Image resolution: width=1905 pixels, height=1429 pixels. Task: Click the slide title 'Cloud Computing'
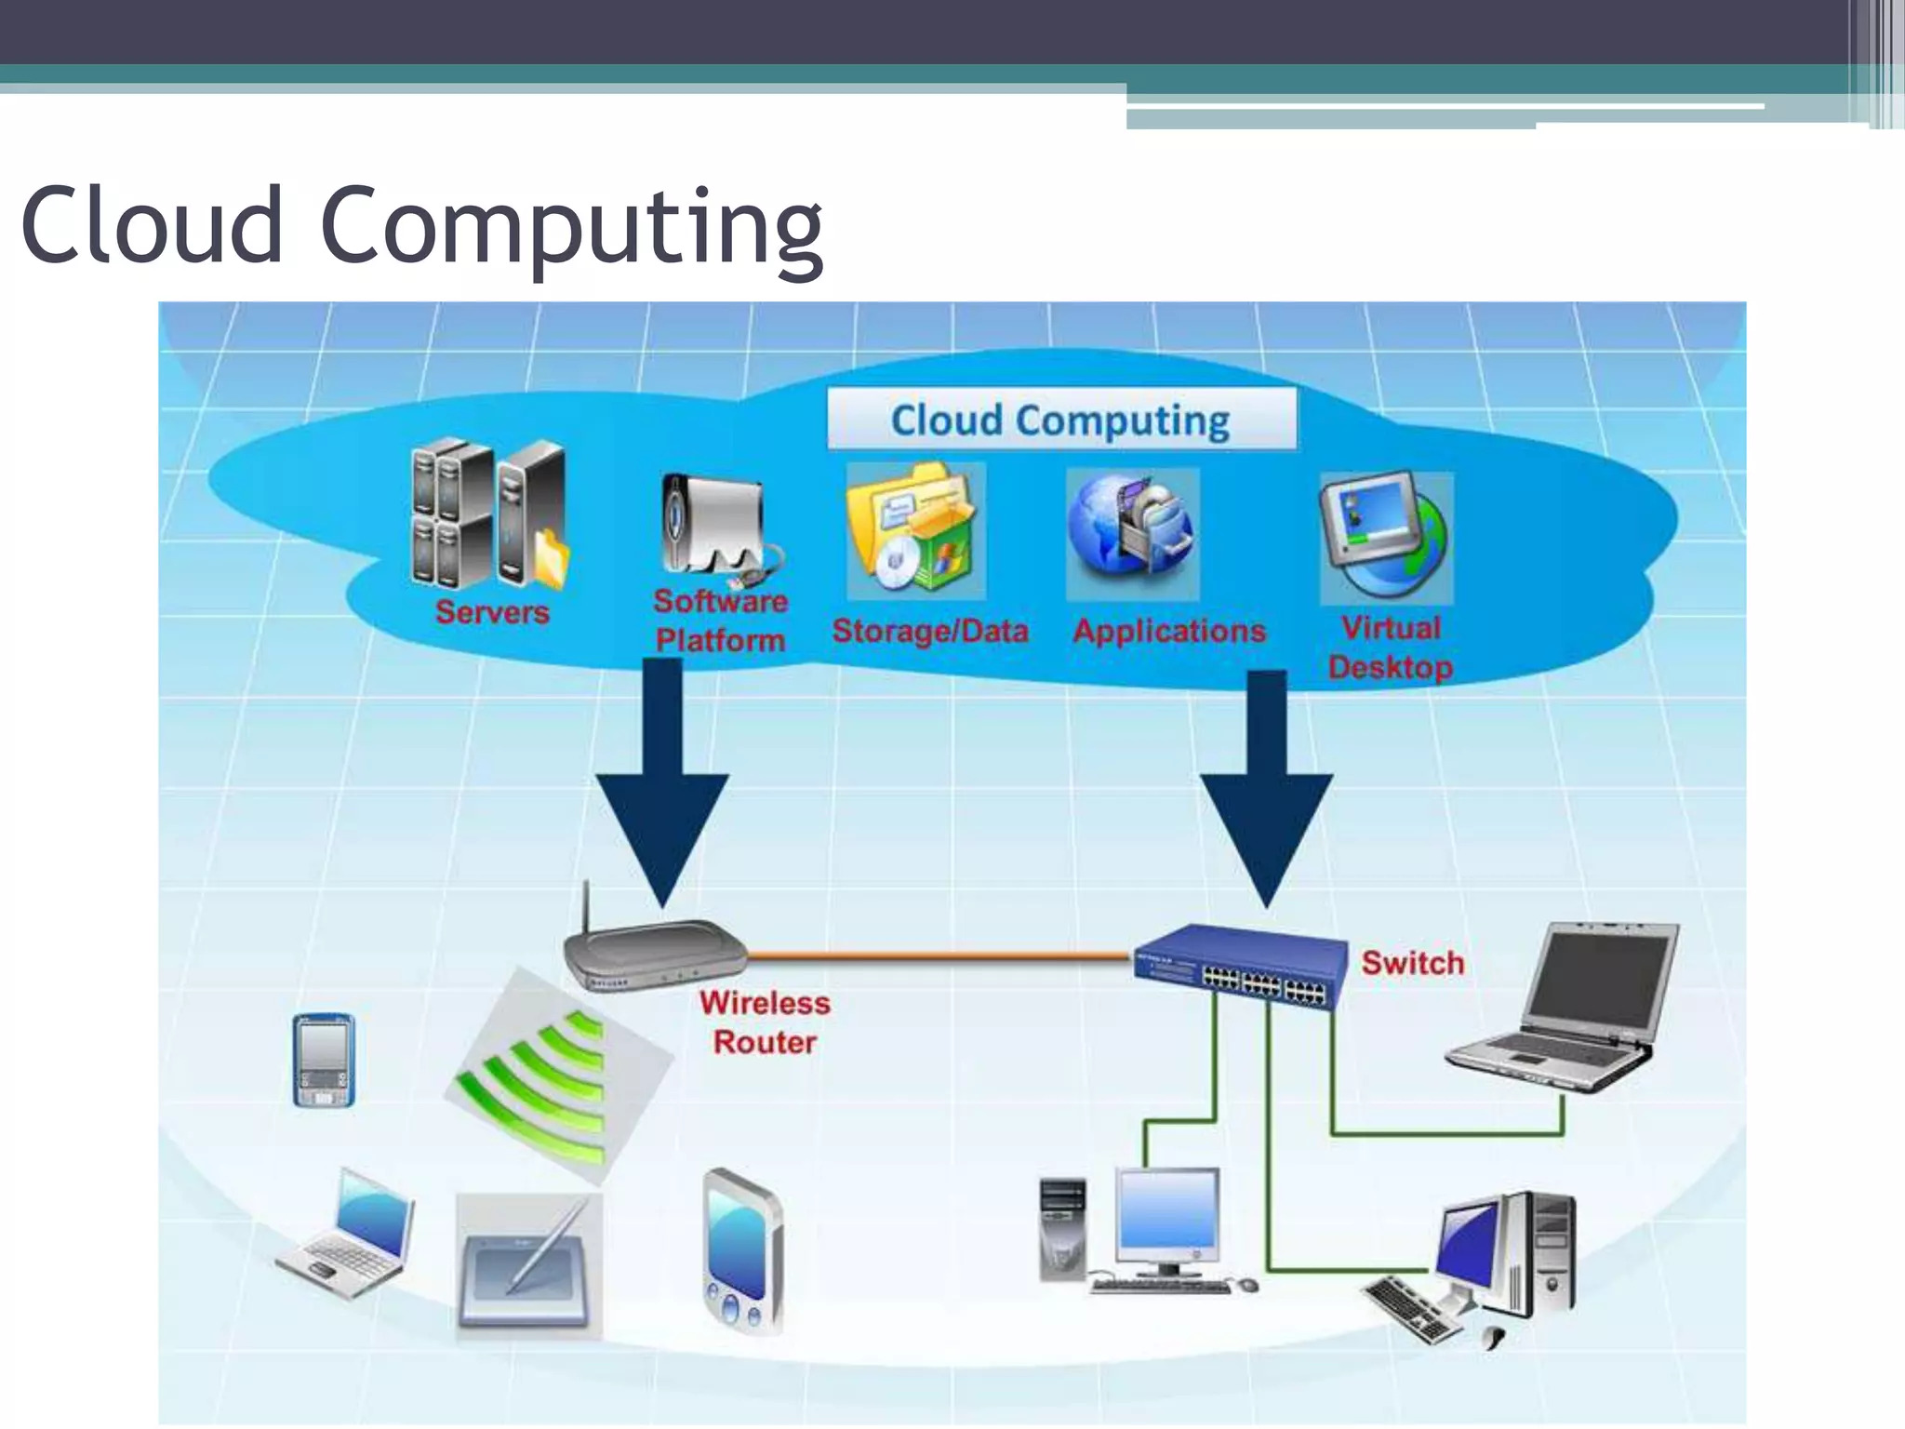click(x=421, y=226)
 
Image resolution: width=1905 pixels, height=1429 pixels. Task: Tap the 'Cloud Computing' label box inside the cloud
click(x=1060, y=420)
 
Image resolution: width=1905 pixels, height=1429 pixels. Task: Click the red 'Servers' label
click(x=492, y=612)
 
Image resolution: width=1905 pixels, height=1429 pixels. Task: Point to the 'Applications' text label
click(x=1169, y=631)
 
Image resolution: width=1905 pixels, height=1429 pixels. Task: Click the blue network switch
click(x=1241, y=967)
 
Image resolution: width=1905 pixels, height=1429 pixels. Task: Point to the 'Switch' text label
click(x=1412, y=963)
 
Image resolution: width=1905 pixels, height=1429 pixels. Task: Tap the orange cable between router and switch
click(x=939, y=955)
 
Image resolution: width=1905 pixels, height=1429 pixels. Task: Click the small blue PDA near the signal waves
click(x=324, y=1060)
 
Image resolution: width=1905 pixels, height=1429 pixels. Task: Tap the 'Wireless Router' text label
click(x=765, y=1022)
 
